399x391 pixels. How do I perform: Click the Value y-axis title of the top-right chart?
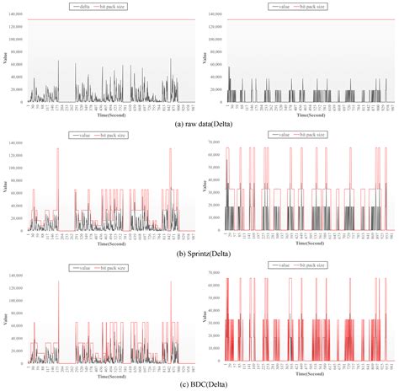(202, 57)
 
